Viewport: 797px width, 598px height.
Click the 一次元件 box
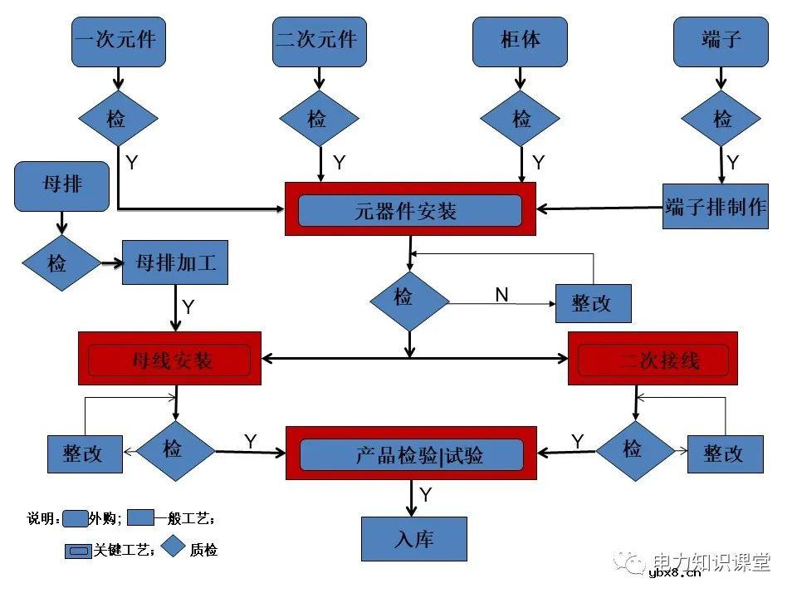[118, 41]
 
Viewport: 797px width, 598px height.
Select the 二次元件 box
[319, 41]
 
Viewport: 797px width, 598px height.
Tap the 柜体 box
[520, 41]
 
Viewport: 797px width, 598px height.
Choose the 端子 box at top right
[720, 41]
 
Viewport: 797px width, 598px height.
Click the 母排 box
[62, 185]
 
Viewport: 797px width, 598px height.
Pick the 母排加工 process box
[174, 263]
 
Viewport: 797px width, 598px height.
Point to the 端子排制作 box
[716, 207]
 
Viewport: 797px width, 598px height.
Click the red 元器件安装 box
[410, 210]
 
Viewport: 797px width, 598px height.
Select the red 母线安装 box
[170, 359]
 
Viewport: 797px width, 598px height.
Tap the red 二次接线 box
[653, 359]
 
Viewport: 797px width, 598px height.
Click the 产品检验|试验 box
[411, 453]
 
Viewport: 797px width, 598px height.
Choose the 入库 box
[413, 539]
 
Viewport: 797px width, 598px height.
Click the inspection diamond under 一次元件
[118, 119]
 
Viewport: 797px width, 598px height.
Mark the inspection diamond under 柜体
[521, 119]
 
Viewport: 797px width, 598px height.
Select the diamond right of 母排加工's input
[60, 264]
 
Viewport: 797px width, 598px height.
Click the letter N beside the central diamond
[501, 294]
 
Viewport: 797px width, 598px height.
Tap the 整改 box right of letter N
[593, 303]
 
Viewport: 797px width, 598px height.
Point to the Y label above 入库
[425, 495]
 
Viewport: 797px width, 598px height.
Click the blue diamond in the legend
[173, 547]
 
